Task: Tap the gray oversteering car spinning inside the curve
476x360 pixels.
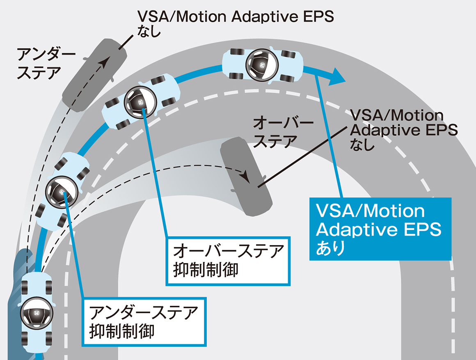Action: (245, 177)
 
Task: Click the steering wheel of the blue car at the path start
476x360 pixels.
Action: (36, 311)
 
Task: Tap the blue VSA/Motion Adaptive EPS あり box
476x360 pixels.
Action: (380, 229)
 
